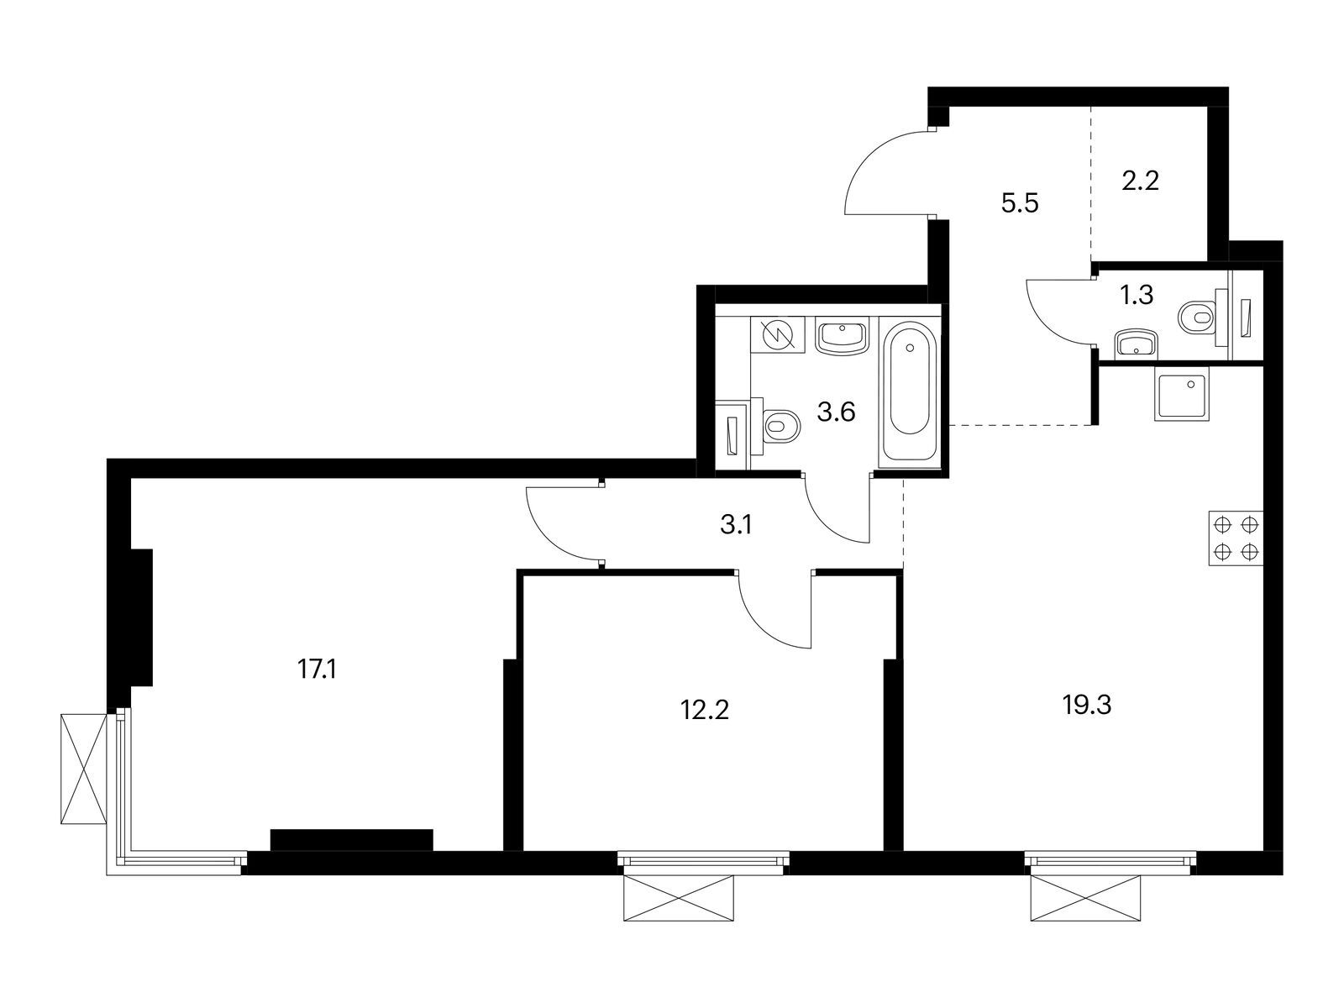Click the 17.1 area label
coord(318,670)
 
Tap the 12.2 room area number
coord(705,710)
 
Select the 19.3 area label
coord(1087,706)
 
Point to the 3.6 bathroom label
coord(836,412)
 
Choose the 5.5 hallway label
coord(1020,203)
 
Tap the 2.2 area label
coord(1140,181)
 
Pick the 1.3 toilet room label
coord(1137,295)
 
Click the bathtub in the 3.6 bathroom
coord(910,392)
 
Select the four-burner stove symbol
coord(1236,538)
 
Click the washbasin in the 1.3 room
coord(1136,344)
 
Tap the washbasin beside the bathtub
coord(842,336)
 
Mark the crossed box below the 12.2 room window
coord(679,898)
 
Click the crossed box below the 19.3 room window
coord(1085,898)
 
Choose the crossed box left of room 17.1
coord(84,769)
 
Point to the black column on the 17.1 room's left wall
coord(141,617)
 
